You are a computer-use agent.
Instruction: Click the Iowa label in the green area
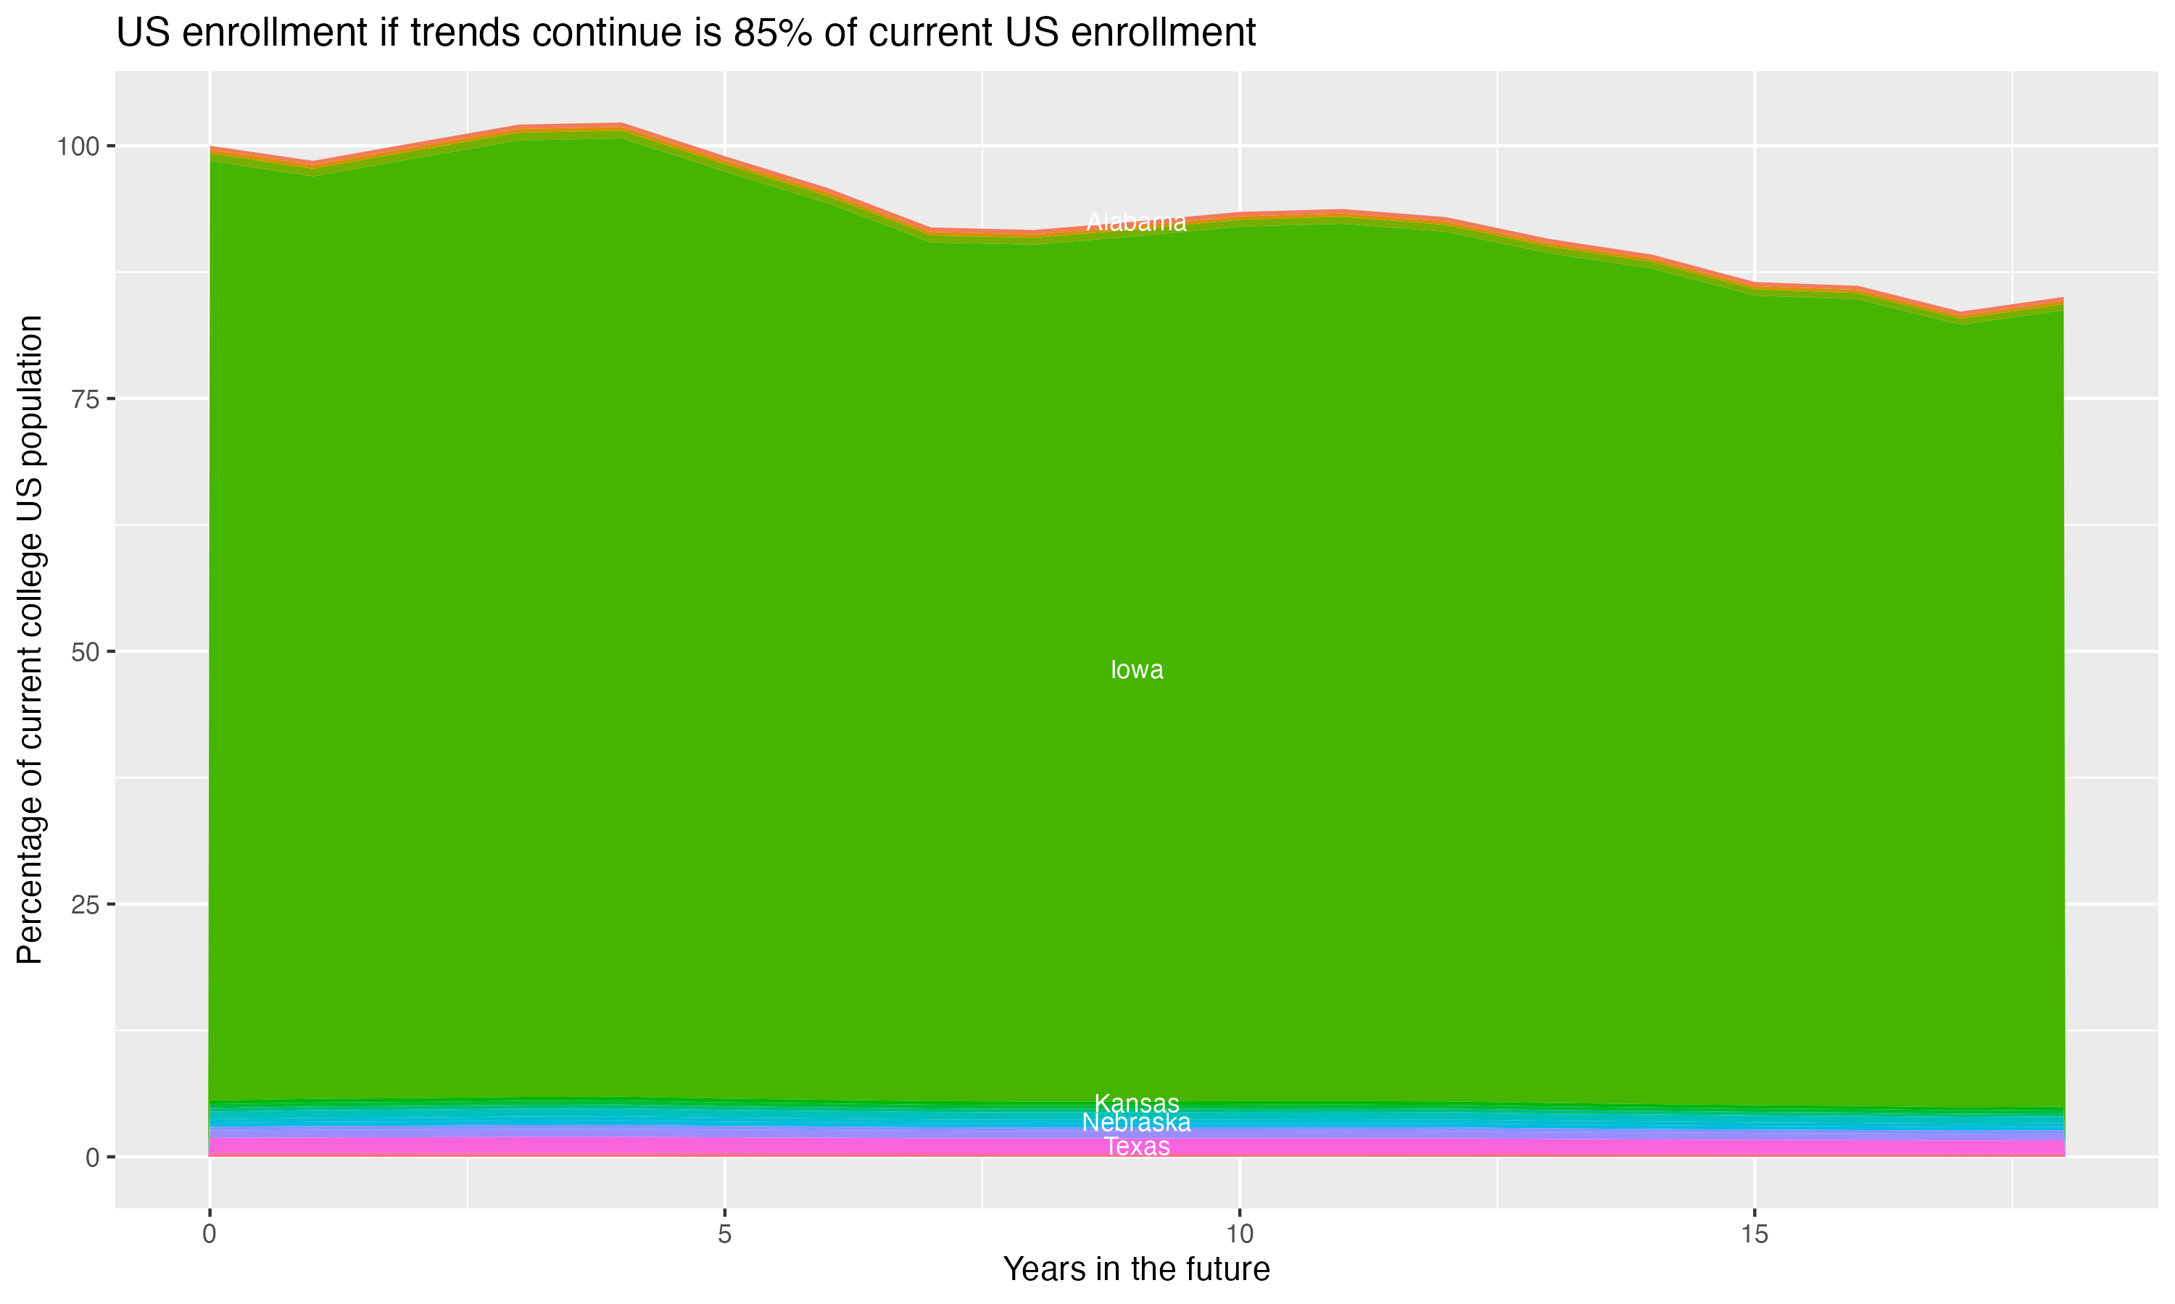pos(1137,670)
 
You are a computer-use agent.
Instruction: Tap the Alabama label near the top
pos(1137,222)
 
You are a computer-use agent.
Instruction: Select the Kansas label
pos(1137,1103)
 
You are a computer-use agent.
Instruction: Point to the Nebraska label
pos(1137,1123)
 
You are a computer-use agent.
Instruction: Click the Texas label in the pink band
pos(1137,1147)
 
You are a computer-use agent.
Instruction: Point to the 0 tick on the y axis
pos(91,1157)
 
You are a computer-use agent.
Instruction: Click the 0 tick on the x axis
pos(210,1234)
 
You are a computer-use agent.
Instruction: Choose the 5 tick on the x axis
pos(724,1234)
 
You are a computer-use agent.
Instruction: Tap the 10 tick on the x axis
pos(1240,1234)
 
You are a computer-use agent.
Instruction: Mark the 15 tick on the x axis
pos(1754,1234)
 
